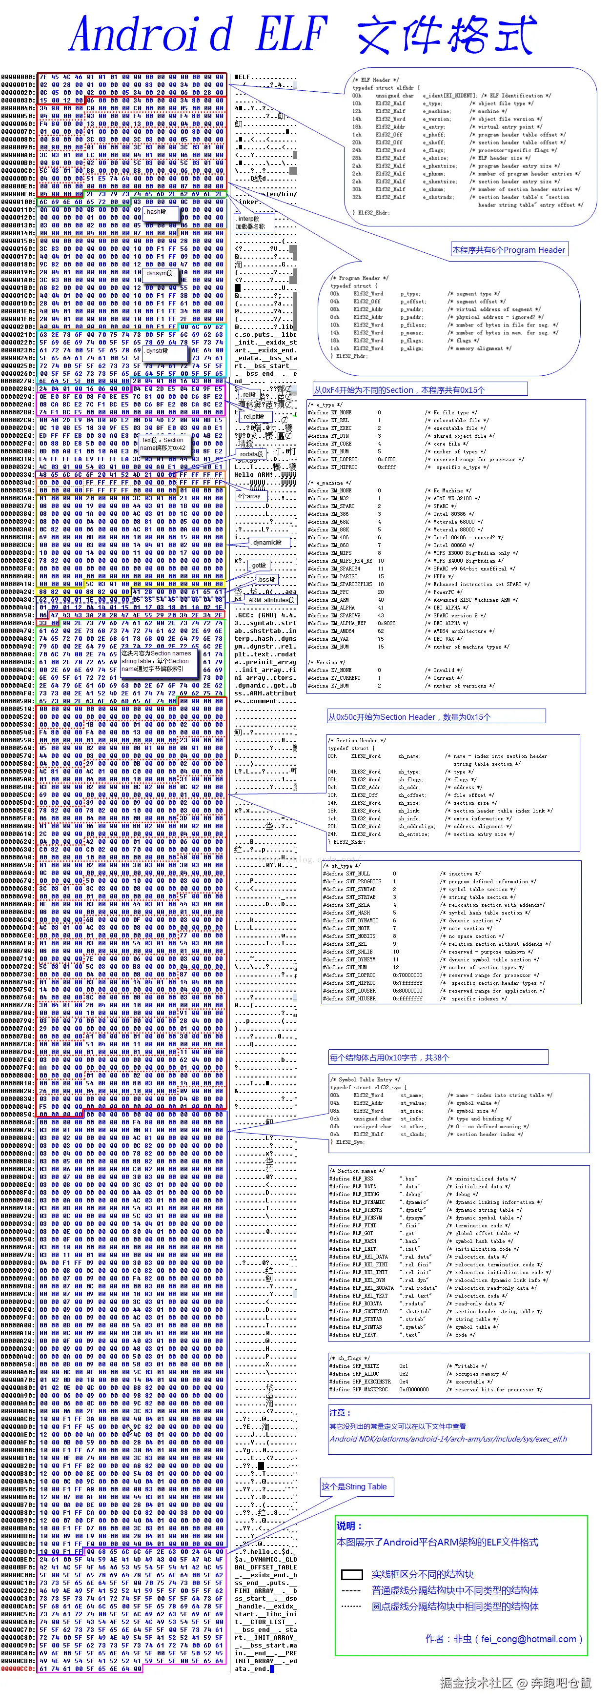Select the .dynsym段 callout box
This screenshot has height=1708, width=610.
160,273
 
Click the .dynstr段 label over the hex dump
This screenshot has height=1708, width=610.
158,351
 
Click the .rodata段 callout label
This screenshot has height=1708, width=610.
252,454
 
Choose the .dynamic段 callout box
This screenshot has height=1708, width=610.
267,542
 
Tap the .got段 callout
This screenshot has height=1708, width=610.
259,566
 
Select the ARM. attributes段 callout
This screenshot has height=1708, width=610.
272,600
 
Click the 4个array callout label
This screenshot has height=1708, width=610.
249,496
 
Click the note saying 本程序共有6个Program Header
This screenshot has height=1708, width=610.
508,250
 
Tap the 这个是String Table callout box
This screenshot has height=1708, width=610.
354,1486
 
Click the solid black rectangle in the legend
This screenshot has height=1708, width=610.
351,1574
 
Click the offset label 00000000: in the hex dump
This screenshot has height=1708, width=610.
18,77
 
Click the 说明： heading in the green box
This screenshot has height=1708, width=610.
349,1525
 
